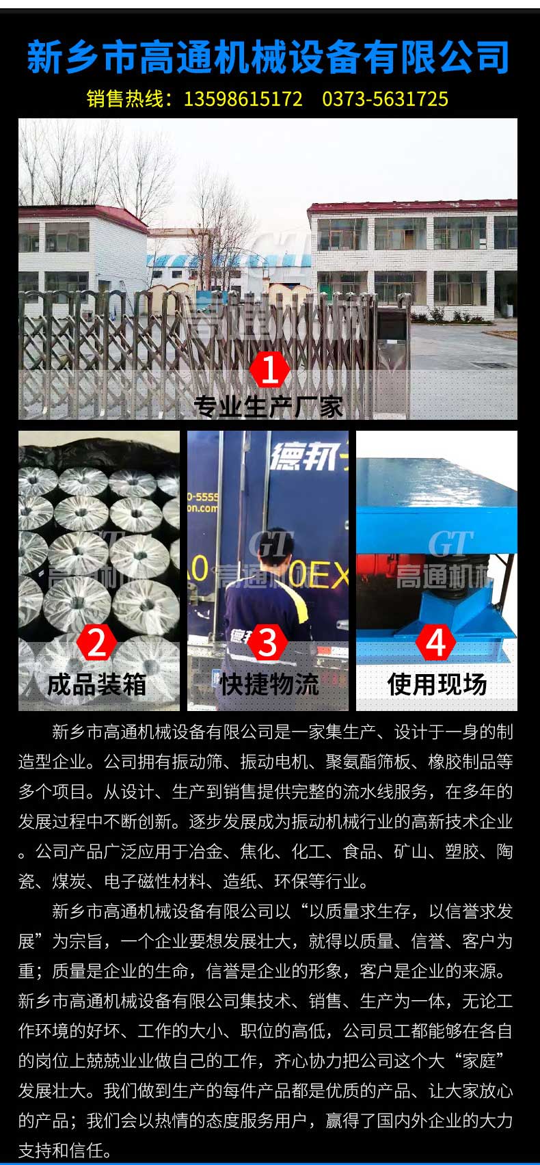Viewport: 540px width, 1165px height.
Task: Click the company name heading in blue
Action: (x=268, y=57)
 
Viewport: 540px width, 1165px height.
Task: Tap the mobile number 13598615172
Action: (x=243, y=99)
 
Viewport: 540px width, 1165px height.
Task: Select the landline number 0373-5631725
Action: (x=385, y=99)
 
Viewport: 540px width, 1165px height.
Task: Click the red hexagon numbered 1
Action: (x=269, y=369)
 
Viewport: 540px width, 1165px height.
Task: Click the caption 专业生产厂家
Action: (x=269, y=406)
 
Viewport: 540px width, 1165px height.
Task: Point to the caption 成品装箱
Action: (x=97, y=684)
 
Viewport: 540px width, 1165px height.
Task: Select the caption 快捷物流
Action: (x=269, y=684)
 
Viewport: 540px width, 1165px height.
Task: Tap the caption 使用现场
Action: (x=437, y=684)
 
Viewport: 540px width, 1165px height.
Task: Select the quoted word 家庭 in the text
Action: (x=479, y=1061)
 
